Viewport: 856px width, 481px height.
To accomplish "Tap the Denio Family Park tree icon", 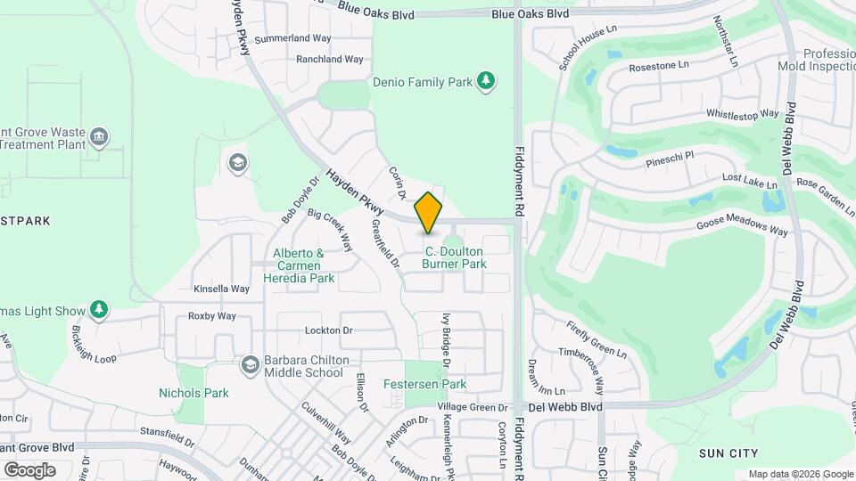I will pos(486,82).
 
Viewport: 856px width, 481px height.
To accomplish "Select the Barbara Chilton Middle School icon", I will pos(251,364).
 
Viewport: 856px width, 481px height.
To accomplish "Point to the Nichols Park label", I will pos(193,393).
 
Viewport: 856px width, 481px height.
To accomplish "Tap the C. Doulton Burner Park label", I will pos(455,257).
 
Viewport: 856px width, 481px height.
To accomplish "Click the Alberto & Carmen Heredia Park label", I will pos(300,265).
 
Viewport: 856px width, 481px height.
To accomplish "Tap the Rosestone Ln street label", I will pos(659,66).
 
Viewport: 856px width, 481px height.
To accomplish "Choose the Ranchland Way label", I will pos(330,60).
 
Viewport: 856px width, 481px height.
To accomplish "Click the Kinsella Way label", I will pos(221,289).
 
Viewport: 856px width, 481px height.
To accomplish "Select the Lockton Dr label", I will pos(329,330).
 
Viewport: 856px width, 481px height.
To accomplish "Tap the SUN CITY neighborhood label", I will pos(728,453).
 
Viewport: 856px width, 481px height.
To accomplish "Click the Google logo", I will pos(29,469).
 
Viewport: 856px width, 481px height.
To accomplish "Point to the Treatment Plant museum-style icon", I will pos(99,137).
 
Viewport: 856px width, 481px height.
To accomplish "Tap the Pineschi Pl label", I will pos(671,159).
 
